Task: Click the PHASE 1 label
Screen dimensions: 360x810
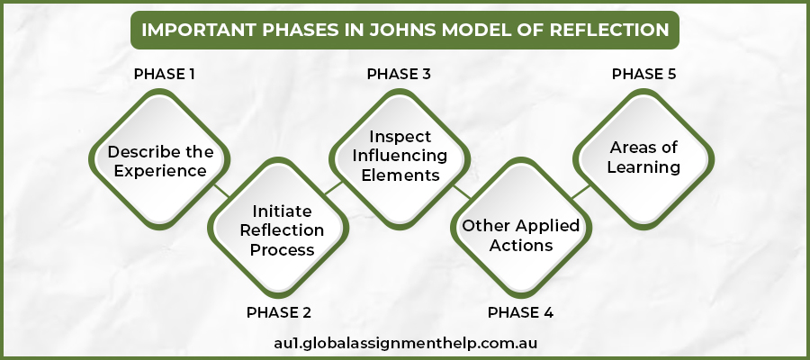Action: [165, 74]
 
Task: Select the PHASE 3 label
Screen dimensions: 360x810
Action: [399, 74]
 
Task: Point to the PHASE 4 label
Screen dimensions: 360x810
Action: [520, 312]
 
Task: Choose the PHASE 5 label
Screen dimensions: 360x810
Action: [643, 74]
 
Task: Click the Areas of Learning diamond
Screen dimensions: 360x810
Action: [643, 157]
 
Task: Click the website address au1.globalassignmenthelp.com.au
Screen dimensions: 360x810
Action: [405, 343]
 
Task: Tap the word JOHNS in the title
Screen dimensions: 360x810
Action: [395, 30]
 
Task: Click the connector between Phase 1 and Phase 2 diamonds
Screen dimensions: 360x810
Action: [219, 190]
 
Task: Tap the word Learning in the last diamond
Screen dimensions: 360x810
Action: [643, 167]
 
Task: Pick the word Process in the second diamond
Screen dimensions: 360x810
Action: [282, 249]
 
